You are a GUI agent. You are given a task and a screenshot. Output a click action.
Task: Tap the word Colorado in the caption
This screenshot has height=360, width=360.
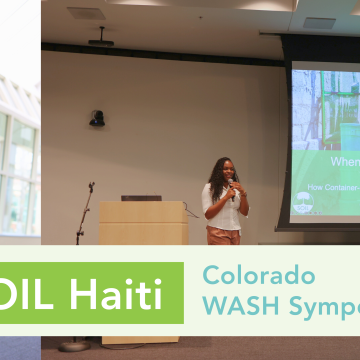(258, 275)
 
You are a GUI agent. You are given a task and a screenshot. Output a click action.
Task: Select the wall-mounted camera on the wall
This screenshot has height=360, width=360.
(97, 118)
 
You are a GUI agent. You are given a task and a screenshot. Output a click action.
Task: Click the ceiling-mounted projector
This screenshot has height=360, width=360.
(100, 39)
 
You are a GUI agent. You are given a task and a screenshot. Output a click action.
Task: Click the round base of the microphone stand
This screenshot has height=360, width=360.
(75, 345)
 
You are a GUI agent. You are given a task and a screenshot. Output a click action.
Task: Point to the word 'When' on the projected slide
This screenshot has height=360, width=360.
(345, 160)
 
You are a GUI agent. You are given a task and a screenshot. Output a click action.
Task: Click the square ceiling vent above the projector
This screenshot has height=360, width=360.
(87, 13)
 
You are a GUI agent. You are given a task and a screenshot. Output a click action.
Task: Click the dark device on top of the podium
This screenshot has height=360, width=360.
(141, 197)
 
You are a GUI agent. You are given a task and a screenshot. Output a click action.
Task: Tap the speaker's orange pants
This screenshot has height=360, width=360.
(223, 236)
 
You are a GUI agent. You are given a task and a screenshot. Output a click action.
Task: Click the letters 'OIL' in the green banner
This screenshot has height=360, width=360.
(31, 295)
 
